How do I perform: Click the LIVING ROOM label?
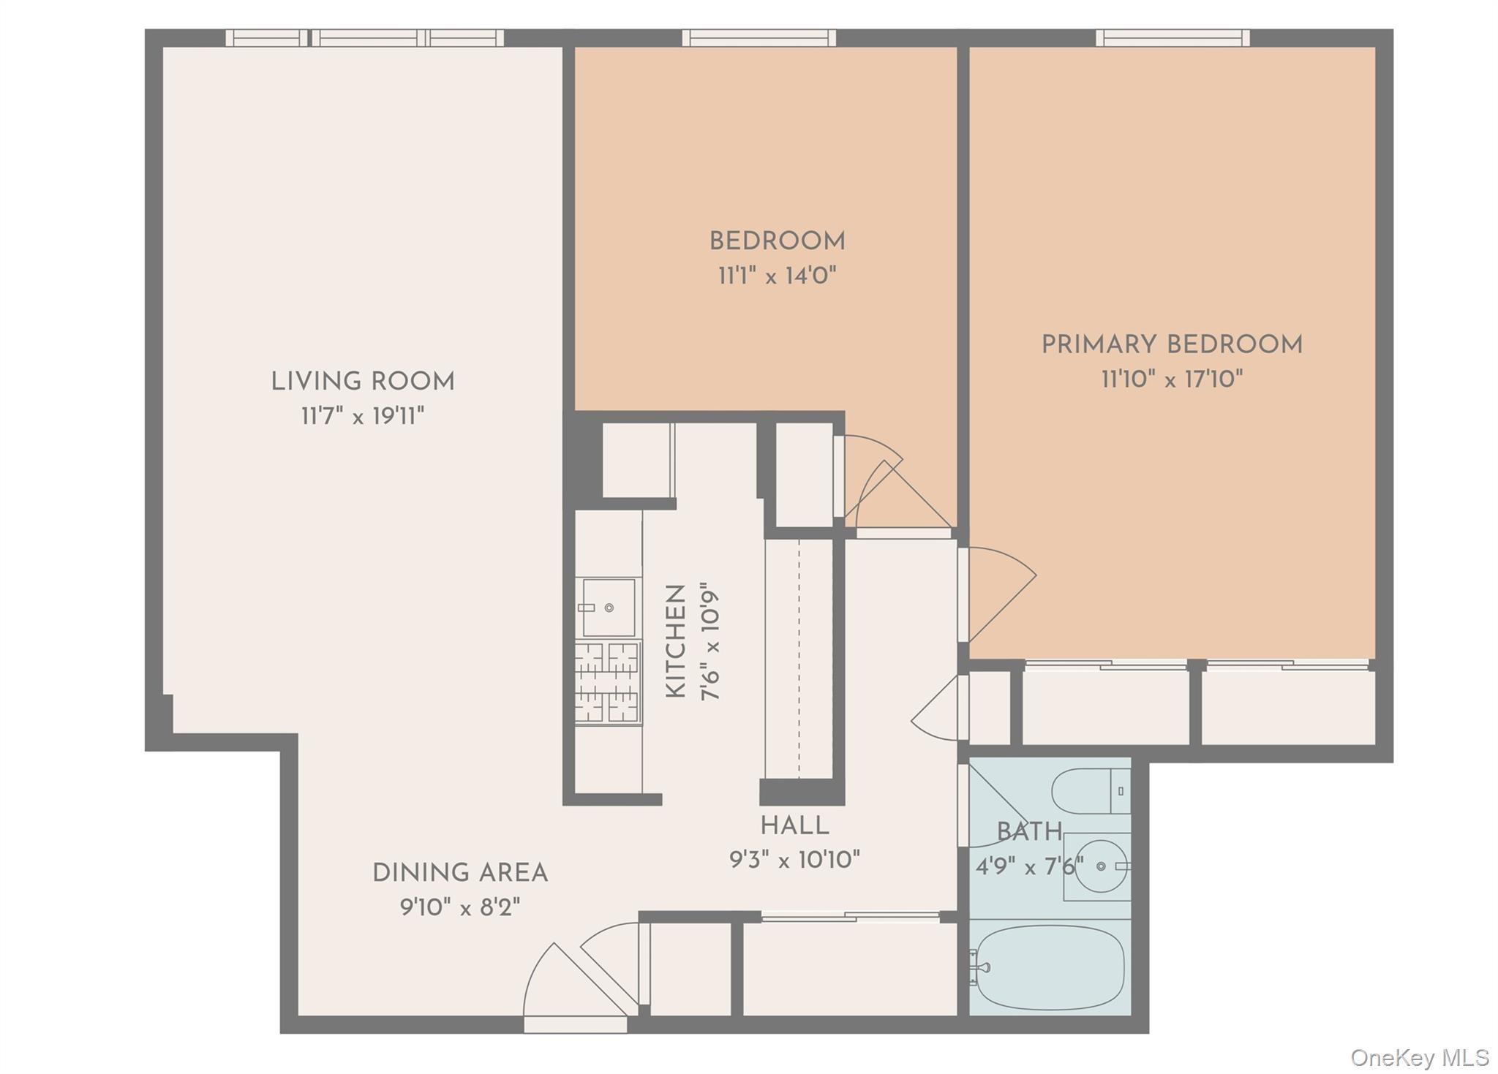pos(363,382)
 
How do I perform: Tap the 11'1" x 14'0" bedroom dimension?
pos(777,276)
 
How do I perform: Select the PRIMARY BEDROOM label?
pos(1172,345)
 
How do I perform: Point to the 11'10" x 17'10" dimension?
pos(1172,379)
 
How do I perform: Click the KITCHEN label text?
pos(676,641)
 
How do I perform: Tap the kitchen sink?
pos(608,608)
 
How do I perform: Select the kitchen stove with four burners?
pos(607,683)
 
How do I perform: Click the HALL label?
pos(794,826)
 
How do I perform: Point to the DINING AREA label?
pos(460,873)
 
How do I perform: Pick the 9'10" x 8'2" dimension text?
pos(460,908)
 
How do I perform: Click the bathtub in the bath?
pos(1050,967)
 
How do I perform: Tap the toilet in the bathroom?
pos(1090,791)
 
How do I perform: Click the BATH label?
pos(1029,832)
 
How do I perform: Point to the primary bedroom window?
pos(1172,37)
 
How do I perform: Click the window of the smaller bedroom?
pos(759,37)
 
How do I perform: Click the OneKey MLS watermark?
pos(1419,1057)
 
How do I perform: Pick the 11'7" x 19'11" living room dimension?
pos(363,417)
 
